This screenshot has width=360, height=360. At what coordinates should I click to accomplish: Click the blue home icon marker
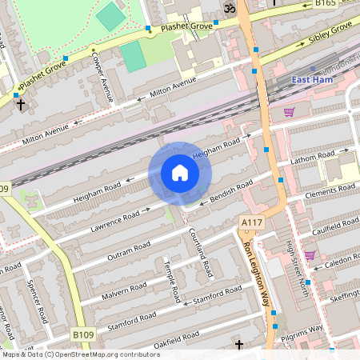point(180,173)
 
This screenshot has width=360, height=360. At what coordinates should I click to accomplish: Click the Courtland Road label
point(198,249)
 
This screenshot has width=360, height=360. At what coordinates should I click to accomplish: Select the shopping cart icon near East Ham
point(290,112)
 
